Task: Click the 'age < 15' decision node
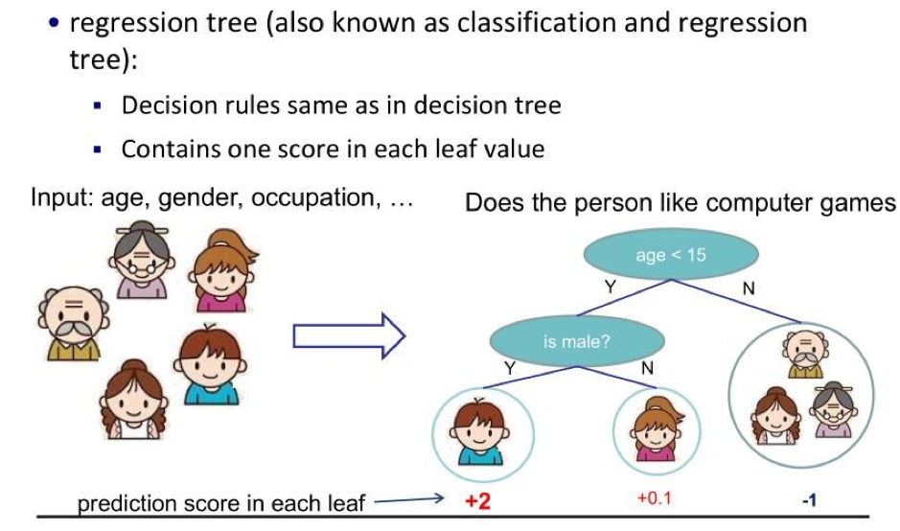pyautogui.click(x=671, y=254)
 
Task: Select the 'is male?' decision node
pyautogui.click(x=577, y=341)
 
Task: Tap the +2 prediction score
pyautogui.click(x=477, y=501)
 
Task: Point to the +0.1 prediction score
pyautogui.click(x=655, y=497)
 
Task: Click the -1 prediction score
pyautogui.click(x=809, y=500)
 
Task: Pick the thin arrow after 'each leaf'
pyautogui.click(x=408, y=499)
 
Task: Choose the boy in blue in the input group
pyautogui.click(x=210, y=364)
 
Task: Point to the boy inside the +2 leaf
pyautogui.click(x=480, y=431)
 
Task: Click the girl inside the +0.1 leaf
pyautogui.click(x=657, y=428)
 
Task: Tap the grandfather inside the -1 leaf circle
pyautogui.click(x=806, y=355)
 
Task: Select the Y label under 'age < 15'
pyautogui.click(x=611, y=287)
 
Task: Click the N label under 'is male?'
pyautogui.click(x=648, y=368)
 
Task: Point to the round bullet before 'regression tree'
pyautogui.click(x=54, y=23)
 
